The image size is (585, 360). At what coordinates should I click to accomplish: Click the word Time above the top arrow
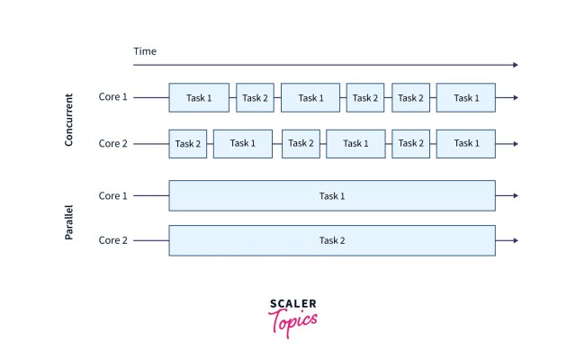pyautogui.click(x=145, y=51)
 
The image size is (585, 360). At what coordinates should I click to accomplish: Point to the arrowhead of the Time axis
pyautogui.click(x=515, y=65)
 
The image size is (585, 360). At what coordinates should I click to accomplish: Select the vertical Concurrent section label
pyautogui.click(x=69, y=120)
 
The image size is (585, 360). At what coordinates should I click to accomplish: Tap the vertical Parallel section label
pyautogui.click(x=69, y=219)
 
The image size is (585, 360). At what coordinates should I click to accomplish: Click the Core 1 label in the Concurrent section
pyautogui.click(x=113, y=97)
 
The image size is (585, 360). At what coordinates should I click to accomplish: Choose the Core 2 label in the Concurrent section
pyautogui.click(x=113, y=143)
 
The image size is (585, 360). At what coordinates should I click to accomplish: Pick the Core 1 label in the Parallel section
pyautogui.click(x=113, y=195)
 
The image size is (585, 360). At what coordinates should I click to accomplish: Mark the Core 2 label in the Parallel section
pyautogui.click(x=113, y=240)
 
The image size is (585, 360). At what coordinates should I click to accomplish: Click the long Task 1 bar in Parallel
pyautogui.click(x=332, y=195)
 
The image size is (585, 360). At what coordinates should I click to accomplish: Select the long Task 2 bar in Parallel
pyautogui.click(x=332, y=240)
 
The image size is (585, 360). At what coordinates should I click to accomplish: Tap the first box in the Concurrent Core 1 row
pyautogui.click(x=198, y=97)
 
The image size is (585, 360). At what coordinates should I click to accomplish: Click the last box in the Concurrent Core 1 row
pyautogui.click(x=465, y=97)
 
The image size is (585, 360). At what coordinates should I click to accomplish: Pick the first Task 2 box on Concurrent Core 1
pyautogui.click(x=255, y=97)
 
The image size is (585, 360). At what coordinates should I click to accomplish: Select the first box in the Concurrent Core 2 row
pyautogui.click(x=187, y=143)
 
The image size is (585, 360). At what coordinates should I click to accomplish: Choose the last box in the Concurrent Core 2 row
pyautogui.click(x=465, y=143)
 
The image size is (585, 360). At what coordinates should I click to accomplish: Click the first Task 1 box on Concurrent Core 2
pyautogui.click(x=242, y=143)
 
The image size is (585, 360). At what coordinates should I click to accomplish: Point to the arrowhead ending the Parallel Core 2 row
pyautogui.click(x=515, y=240)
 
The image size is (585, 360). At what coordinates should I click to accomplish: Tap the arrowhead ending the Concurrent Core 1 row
pyautogui.click(x=515, y=97)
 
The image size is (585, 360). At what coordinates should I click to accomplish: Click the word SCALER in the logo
pyautogui.click(x=292, y=304)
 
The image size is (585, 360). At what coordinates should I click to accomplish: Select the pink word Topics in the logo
pyautogui.click(x=292, y=321)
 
